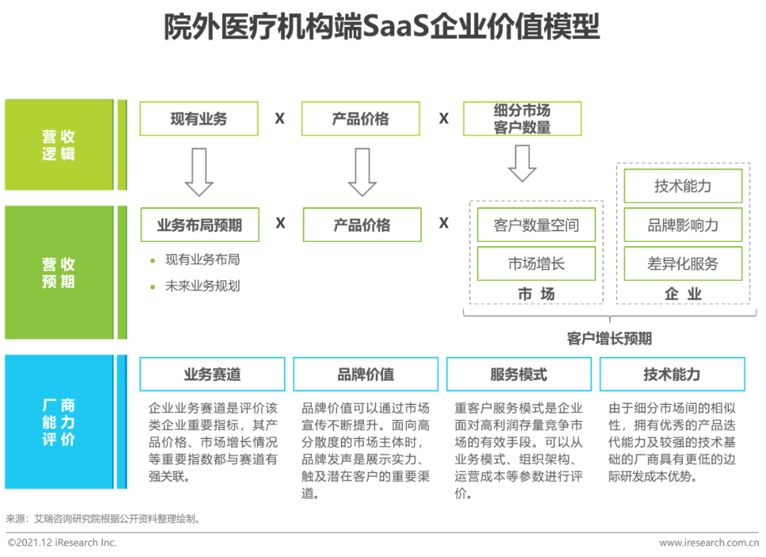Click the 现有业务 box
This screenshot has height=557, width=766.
coord(199,118)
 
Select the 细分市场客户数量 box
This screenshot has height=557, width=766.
coord(522,118)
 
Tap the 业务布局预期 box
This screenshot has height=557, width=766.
coord(199,225)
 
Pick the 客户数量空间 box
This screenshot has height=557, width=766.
coord(536,225)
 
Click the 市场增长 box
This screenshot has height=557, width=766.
coord(536,264)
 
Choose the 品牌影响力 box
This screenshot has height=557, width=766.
coord(682,225)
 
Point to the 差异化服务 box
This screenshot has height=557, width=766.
coord(682,264)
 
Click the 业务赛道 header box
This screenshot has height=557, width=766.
coord(212,374)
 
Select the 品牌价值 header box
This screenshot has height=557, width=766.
coord(365,374)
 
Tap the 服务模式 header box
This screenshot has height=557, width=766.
coord(518,374)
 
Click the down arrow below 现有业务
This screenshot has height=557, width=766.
coord(199,172)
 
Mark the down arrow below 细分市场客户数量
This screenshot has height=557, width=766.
coord(522,163)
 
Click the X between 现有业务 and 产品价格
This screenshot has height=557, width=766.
coord(279,118)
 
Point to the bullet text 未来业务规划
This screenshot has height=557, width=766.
coord(202,286)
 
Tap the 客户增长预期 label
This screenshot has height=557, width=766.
coord(609,338)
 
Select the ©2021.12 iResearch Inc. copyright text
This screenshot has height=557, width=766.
coord(62,543)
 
